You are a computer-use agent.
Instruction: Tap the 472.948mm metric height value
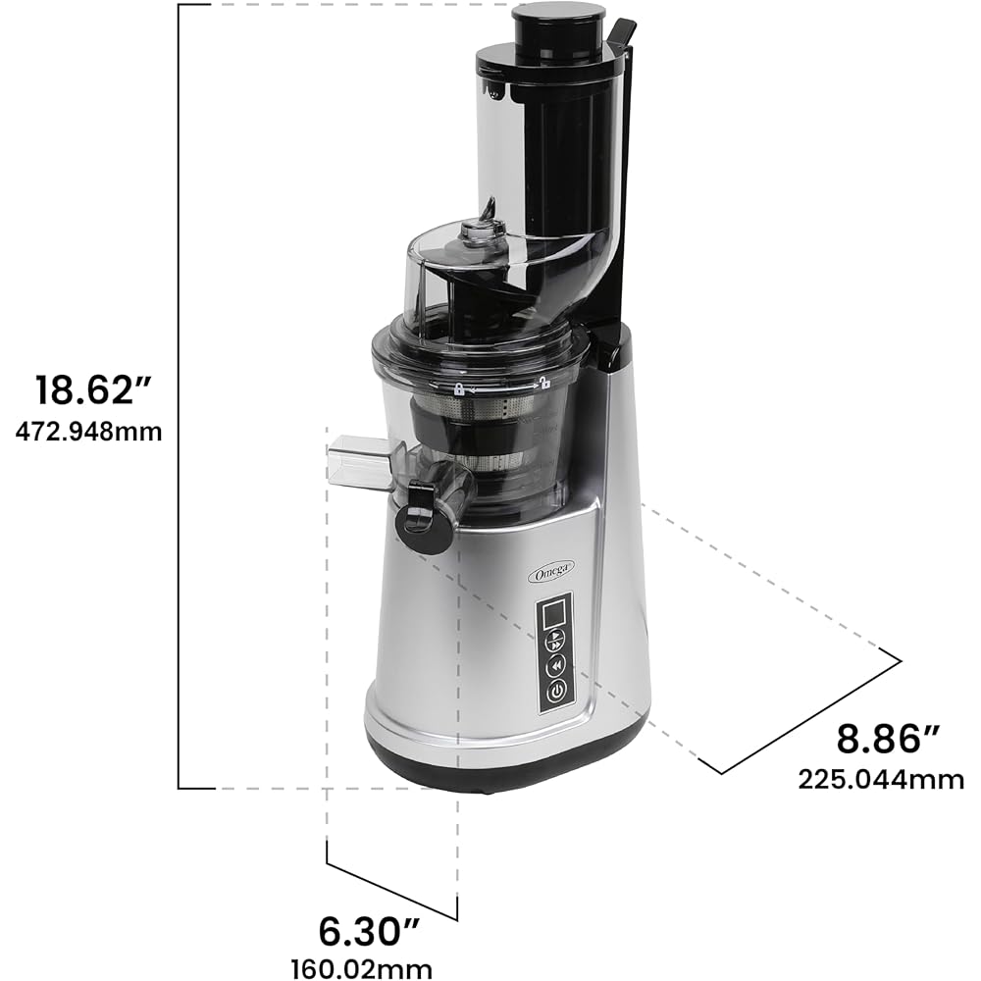click(x=88, y=431)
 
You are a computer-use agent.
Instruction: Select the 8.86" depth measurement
click(x=879, y=739)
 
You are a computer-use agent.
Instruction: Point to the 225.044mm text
click(x=880, y=780)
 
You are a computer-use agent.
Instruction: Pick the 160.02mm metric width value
click(x=361, y=968)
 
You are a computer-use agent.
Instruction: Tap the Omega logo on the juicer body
click(x=551, y=573)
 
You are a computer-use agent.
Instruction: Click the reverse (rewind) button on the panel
click(x=555, y=666)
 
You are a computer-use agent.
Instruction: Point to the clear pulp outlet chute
click(x=358, y=461)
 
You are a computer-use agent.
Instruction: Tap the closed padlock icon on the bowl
click(x=457, y=389)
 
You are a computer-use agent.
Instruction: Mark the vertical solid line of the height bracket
click(x=179, y=392)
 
